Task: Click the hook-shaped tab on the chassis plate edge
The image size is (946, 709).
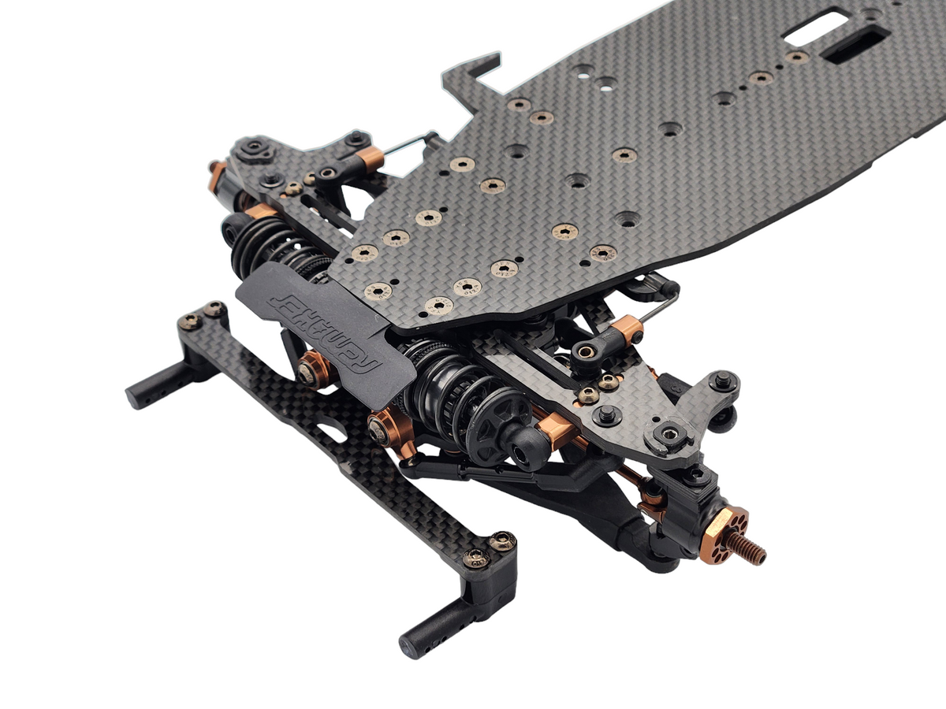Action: (473, 71)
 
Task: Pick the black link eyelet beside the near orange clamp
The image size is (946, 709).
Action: (588, 351)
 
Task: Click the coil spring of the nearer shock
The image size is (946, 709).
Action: (445, 378)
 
